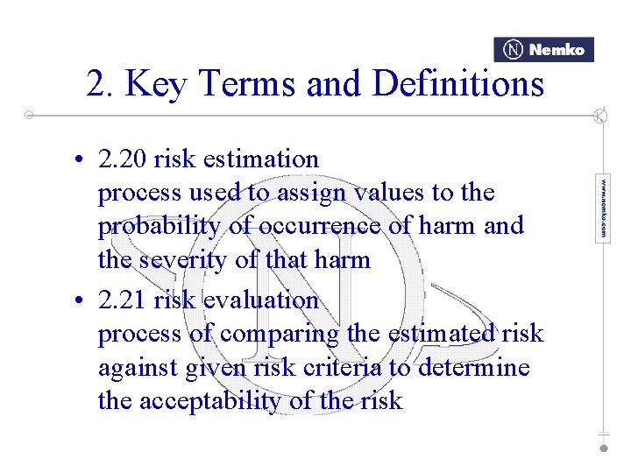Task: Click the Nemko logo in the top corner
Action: [x=543, y=50]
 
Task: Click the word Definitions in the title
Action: [x=458, y=84]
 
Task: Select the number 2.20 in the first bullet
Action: [x=123, y=159]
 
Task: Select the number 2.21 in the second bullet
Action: [x=123, y=300]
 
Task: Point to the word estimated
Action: [x=438, y=334]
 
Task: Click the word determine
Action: [x=473, y=367]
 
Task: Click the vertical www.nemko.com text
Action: [x=603, y=208]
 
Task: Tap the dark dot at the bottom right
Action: [x=603, y=448]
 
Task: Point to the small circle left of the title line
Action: [x=29, y=115]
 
